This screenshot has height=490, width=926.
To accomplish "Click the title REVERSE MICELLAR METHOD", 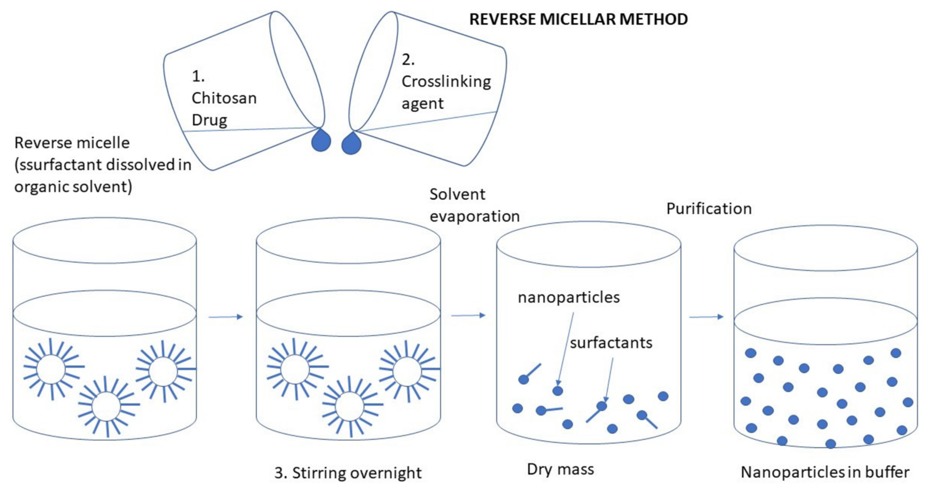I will pyautogui.click(x=578, y=19).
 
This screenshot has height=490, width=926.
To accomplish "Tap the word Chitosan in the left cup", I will pyautogui.click(x=224, y=98).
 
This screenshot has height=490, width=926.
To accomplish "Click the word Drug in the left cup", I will pyautogui.click(x=209, y=120).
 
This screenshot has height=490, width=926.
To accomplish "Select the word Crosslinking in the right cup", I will pyautogui.click(x=446, y=82).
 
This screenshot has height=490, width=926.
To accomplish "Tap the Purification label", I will pyautogui.click(x=709, y=209).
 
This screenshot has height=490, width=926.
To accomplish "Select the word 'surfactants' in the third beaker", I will pyautogui.click(x=611, y=343).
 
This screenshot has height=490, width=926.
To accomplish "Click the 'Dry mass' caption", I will pyautogui.click(x=560, y=469).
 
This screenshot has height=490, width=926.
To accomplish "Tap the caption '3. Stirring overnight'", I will pyautogui.click(x=348, y=473).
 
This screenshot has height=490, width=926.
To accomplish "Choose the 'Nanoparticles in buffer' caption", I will pyautogui.click(x=825, y=472).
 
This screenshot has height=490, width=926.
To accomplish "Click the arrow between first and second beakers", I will pyautogui.click(x=226, y=317).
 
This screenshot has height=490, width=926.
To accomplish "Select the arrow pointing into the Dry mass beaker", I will pyautogui.click(x=468, y=315).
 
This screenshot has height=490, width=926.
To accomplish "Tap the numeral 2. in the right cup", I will pyautogui.click(x=408, y=60).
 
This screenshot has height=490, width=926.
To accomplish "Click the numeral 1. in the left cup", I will pyautogui.click(x=198, y=76).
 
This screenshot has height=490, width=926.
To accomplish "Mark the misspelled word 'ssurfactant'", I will pyautogui.click(x=61, y=165).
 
